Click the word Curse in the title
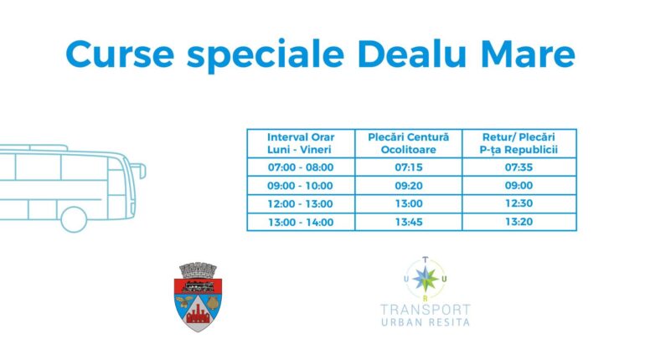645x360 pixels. coord(120,54)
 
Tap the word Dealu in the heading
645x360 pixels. coord(412,54)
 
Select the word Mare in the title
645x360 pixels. coord(528,54)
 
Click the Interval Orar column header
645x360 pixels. coord(301,143)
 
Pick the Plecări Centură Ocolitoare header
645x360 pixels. coord(408,143)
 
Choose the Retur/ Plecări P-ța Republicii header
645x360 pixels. coord(519,143)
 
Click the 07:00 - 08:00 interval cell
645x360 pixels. coord(301,167)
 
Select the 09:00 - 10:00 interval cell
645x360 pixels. coord(300,186)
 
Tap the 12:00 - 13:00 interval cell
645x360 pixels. coord(300,203)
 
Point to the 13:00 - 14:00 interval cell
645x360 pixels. coord(301,223)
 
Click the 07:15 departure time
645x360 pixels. coord(409,167)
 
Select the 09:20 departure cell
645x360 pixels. coord(409,186)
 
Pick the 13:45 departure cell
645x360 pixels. coord(409,222)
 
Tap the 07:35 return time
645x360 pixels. coord(519,167)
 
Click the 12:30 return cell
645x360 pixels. coord(519,203)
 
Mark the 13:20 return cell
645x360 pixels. coord(519,222)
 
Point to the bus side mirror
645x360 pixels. coord(141,170)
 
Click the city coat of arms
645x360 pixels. coord(198,296)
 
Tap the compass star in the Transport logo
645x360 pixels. coord(426,279)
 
